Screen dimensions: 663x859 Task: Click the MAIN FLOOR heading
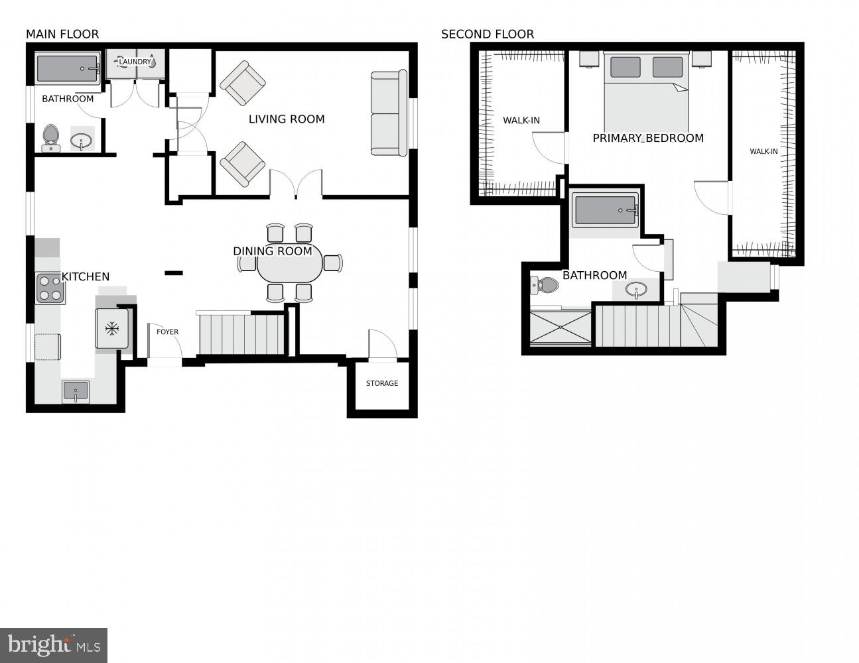[x=62, y=34]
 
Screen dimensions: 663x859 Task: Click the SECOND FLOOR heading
[x=488, y=34]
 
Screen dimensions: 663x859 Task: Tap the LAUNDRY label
[x=135, y=62]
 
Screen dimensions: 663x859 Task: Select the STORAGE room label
[x=382, y=383]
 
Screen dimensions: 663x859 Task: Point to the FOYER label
[x=167, y=332]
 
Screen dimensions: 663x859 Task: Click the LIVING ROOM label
[x=287, y=119]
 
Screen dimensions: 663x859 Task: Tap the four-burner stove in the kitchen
[x=50, y=288]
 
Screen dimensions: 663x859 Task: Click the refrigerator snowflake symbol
[x=112, y=328]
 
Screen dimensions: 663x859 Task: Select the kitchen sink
[x=76, y=391]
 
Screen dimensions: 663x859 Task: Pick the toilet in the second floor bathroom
[x=545, y=286]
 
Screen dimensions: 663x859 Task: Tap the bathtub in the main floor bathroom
[x=68, y=68]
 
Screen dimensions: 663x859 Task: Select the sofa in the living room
[x=389, y=113]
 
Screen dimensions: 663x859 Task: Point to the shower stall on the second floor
[x=561, y=328]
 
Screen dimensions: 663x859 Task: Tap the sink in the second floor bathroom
[x=637, y=290]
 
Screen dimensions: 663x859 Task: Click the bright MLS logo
[x=54, y=645]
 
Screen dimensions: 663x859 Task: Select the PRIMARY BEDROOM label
[x=648, y=138]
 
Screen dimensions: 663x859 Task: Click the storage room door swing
[x=383, y=345]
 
